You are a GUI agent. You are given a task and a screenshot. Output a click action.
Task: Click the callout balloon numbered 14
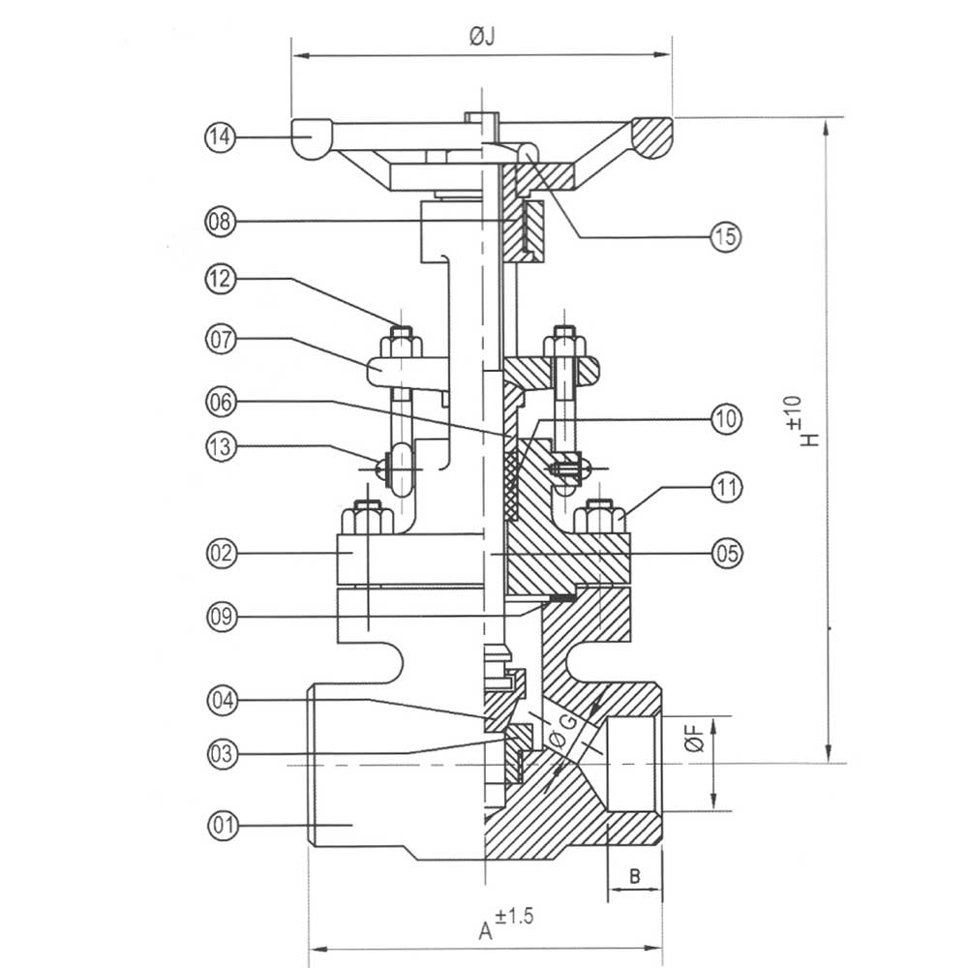[x=221, y=136]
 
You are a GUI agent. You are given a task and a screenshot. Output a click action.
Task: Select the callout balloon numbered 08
[x=221, y=221]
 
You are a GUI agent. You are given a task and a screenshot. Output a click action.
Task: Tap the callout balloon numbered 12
[x=221, y=279]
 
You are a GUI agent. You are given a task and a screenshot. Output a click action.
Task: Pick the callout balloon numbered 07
[x=221, y=339]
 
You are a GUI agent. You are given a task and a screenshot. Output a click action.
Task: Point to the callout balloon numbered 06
[x=221, y=402]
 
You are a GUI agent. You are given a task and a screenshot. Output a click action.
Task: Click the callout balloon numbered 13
[x=221, y=447]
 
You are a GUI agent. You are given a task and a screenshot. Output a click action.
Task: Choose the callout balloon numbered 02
[x=222, y=553]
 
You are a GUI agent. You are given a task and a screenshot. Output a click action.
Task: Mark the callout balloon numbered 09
[x=222, y=616]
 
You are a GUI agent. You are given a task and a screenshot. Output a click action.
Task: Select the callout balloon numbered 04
[x=223, y=700]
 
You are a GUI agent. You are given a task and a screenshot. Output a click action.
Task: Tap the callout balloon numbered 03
[x=223, y=754]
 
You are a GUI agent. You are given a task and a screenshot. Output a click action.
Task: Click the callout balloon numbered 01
[x=223, y=825]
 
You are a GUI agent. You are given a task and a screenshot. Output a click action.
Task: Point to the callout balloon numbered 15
[x=725, y=236]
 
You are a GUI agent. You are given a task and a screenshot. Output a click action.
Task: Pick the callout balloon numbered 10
[x=726, y=418]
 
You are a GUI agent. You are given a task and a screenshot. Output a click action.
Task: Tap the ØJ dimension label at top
[x=482, y=37]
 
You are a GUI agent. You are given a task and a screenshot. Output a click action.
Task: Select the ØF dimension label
[x=694, y=739]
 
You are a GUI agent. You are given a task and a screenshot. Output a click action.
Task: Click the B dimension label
[x=635, y=876]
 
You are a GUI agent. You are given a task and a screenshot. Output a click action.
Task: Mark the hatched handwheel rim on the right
[x=651, y=137]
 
